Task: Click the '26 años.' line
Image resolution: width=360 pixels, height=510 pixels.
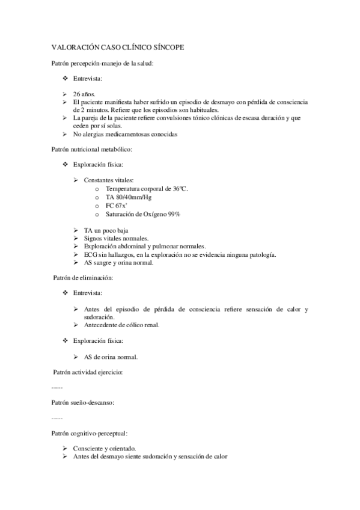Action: [x=84, y=94]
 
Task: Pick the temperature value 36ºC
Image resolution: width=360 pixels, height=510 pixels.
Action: [x=178, y=189]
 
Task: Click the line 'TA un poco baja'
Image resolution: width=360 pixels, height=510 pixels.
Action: [x=106, y=230]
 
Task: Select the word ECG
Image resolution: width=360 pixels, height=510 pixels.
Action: [x=91, y=254]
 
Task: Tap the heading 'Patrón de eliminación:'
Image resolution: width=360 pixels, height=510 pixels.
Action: [x=83, y=278]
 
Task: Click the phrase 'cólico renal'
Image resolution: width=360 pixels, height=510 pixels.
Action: [x=139, y=325]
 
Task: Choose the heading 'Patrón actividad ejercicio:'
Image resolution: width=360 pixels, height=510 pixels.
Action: [x=88, y=373]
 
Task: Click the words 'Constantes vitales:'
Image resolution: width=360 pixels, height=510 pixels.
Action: [x=108, y=180]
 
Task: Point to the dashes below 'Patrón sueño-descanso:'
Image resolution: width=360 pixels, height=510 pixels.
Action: [x=57, y=417]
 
